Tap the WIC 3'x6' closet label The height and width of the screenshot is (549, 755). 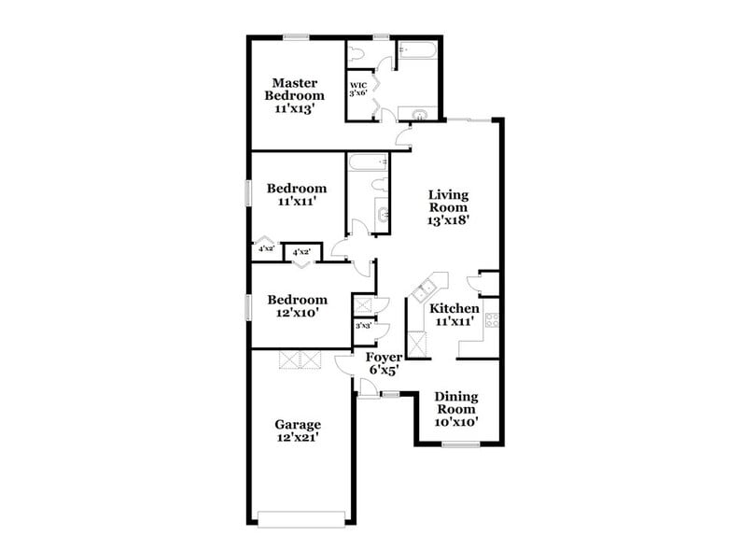click(x=358, y=89)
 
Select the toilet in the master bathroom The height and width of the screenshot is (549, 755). click(x=357, y=53)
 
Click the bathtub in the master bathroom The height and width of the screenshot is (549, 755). click(x=417, y=50)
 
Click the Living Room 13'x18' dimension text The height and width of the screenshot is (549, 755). click(x=448, y=220)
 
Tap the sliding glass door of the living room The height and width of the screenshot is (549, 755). click(x=470, y=120)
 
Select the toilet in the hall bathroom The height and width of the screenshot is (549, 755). click(x=380, y=185)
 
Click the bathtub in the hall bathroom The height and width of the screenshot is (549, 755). click(x=369, y=162)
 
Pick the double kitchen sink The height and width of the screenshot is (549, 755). click(x=424, y=290)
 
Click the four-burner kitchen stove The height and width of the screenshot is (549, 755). click(x=492, y=320)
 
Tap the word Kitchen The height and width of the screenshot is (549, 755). click(x=454, y=308)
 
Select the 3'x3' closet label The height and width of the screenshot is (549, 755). click(x=364, y=326)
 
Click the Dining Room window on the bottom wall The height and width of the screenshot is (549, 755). click(x=461, y=444)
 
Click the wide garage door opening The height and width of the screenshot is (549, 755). click(x=301, y=520)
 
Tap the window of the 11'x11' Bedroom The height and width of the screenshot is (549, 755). click(x=249, y=193)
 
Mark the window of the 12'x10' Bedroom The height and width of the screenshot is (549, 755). click(x=249, y=307)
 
